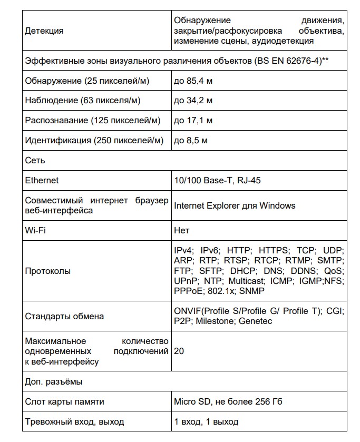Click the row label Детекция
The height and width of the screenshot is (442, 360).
pyautogui.click(x=44, y=31)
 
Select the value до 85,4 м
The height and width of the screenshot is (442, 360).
pyautogui.click(x=193, y=81)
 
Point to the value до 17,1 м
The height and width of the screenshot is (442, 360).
pyautogui.click(x=193, y=121)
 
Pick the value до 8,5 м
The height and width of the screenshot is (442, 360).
pyautogui.click(x=191, y=141)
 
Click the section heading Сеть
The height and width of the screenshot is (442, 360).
pyautogui.click(x=35, y=160)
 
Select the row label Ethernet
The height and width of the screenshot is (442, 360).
pyautogui.click(x=42, y=180)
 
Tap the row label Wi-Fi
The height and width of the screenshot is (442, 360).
pyautogui.click(x=34, y=230)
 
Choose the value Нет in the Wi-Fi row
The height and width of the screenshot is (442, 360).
pyautogui.click(x=181, y=230)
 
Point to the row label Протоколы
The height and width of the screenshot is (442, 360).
pyautogui.click(x=48, y=271)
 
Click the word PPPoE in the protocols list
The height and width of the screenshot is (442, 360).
pyautogui.click(x=187, y=291)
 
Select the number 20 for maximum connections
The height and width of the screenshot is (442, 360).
pyautogui.click(x=179, y=350)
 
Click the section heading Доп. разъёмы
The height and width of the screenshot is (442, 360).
pyautogui.click(x=54, y=381)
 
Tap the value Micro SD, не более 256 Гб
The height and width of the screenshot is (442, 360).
pyautogui.click(x=228, y=401)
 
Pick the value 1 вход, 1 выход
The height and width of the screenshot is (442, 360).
pyautogui.click(x=206, y=421)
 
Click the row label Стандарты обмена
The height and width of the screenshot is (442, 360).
pyautogui.click(x=64, y=316)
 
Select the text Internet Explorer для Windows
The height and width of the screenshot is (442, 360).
pyautogui.click(x=235, y=205)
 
